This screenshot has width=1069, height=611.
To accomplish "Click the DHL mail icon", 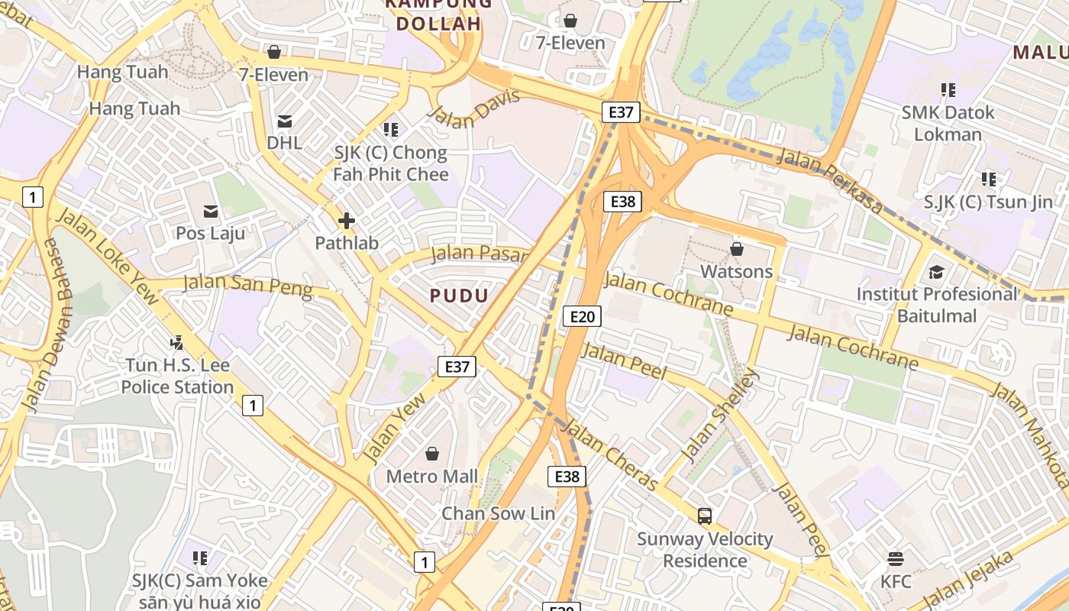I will click(x=285, y=121).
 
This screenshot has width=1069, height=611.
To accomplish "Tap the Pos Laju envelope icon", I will click(x=211, y=211).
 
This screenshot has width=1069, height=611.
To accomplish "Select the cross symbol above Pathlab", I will click(x=347, y=221).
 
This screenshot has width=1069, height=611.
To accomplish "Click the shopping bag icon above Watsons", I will click(x=737, y=249).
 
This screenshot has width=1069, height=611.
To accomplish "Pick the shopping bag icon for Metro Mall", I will click(x=432, y=454).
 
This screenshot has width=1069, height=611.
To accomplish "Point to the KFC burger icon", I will click(x=896, y=559).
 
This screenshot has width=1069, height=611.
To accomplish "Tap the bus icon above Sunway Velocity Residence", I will click(x=705, y=516).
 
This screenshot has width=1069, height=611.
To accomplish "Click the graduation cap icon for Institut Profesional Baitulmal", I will click(x=937, y=272).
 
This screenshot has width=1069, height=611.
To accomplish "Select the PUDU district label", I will click(x=459, y=296).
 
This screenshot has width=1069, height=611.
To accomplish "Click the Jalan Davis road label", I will click(x=474, y=108).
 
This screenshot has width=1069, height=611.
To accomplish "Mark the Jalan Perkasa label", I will click(x=829, y=181).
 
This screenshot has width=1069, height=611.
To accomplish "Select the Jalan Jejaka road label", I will click(x=970, y=580).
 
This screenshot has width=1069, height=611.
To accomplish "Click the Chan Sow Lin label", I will click(x=499, y=513).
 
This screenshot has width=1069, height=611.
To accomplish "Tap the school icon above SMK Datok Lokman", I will click(x=948, y=90).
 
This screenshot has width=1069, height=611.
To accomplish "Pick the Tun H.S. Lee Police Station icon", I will click(x=177, y=343).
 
